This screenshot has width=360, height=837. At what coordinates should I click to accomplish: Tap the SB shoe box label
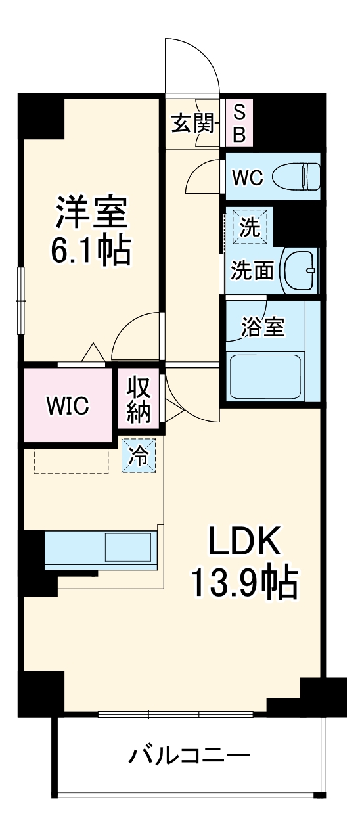[x=239, y=124]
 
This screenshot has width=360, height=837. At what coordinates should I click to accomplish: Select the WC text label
[x=247, y=177]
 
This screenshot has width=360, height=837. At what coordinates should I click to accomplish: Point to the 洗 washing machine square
[x=249, y=227]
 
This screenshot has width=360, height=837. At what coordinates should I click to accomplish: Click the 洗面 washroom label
[x=252, y=270]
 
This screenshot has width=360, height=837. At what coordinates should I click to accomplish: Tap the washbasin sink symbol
[x=300, y=270]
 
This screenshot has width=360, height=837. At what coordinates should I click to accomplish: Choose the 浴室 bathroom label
[x=263, y=327]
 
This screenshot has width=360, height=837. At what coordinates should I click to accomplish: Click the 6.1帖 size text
[x=91, y=250]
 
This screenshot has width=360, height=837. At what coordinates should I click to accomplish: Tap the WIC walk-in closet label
[x=67, y=406]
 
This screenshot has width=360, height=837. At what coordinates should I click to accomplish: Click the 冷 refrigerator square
[x=139, y=455]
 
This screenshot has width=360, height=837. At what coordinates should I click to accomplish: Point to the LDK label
[x=245, y=541]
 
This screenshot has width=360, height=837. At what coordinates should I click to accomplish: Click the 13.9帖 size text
[x=245, y=581]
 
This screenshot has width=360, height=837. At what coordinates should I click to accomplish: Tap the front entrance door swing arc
[x=192, y=62]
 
